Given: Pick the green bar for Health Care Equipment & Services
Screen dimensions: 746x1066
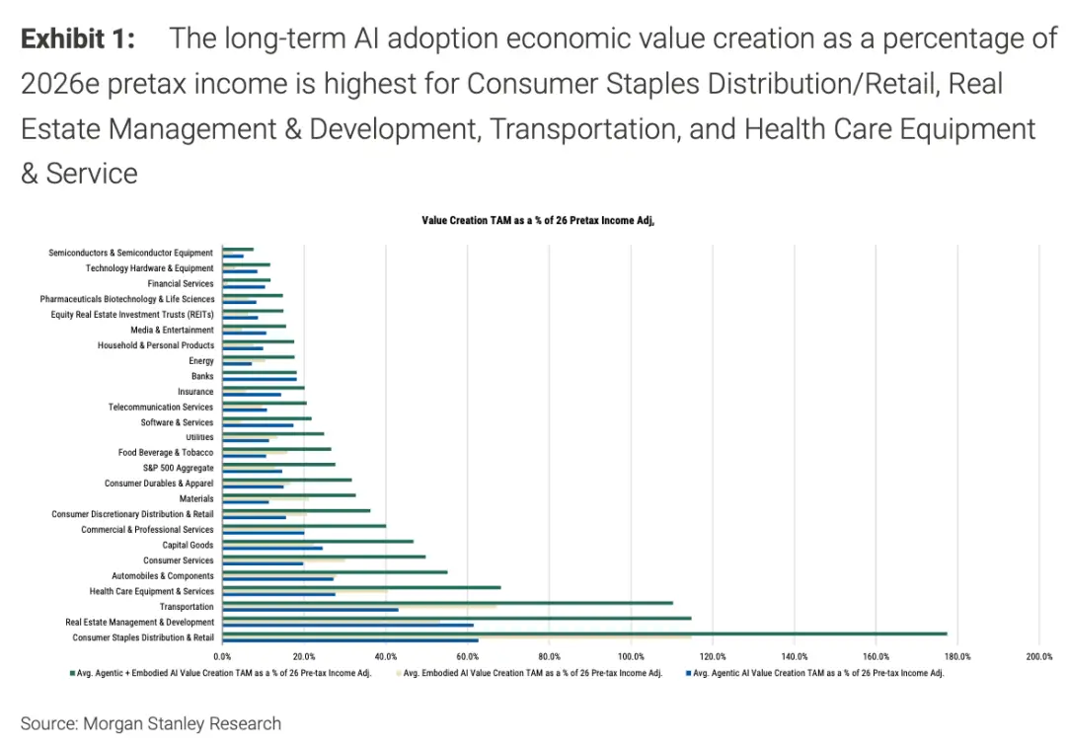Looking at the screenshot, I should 361,587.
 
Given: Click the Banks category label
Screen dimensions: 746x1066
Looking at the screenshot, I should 202,376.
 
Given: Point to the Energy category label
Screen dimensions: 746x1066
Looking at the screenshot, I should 201,361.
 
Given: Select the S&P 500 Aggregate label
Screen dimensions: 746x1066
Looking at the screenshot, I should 178,468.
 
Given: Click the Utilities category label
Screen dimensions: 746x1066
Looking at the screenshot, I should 199,437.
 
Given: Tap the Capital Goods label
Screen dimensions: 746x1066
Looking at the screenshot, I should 188,545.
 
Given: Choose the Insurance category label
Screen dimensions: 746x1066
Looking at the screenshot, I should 195,392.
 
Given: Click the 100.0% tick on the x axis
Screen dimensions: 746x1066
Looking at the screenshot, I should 631,656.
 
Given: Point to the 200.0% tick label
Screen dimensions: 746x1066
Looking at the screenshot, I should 1038,656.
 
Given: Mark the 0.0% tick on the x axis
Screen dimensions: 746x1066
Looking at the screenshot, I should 222,656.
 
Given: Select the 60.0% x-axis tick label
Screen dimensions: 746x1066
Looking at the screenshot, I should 468,656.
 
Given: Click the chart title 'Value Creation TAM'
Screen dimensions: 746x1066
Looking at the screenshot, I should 538,221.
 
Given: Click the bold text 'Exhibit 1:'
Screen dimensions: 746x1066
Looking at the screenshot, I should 78,39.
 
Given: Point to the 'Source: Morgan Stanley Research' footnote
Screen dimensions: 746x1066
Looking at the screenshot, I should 151,723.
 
